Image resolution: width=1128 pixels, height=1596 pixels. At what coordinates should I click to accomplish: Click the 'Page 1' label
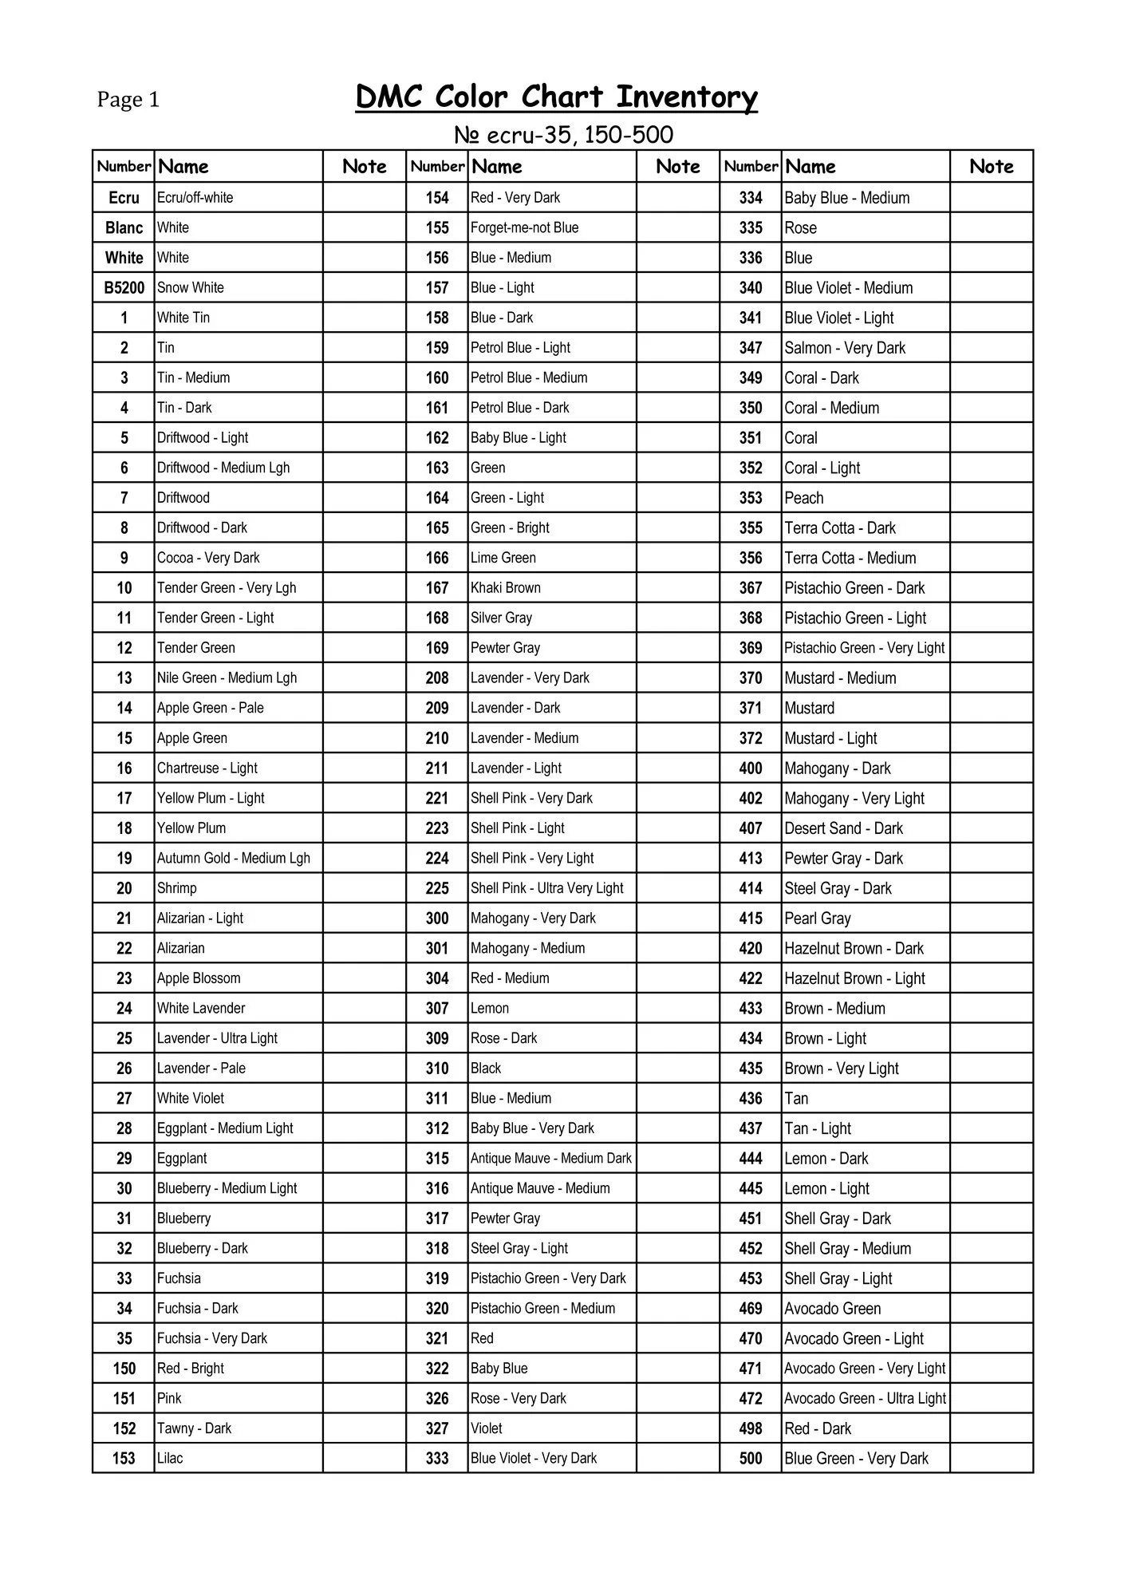pos(128,100)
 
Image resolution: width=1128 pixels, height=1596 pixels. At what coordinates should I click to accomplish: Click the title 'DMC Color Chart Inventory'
pos(556,97)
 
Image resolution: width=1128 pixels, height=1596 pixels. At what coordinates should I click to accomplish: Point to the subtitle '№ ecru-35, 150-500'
pos(563,135)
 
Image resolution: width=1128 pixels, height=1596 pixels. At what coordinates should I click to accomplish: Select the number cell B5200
pos(124,288)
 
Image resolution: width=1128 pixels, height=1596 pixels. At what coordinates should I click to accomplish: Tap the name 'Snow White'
pos(191,288)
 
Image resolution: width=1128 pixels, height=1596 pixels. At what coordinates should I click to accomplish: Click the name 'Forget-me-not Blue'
pos(524,227)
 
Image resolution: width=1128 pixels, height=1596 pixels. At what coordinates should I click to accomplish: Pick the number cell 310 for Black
pos(436,1069)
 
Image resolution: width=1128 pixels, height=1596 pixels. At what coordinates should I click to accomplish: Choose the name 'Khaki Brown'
pos(506,588)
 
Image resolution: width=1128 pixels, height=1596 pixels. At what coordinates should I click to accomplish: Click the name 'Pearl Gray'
pos(818,918)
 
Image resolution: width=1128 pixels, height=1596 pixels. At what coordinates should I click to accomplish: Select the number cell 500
pos(751,1459)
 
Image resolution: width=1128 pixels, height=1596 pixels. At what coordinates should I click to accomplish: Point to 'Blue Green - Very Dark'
pos(856,1459)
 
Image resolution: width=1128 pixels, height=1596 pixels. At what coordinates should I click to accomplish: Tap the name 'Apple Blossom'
pos(199,978)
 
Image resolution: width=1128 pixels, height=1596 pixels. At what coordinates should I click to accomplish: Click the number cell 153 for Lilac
pos(124,1459)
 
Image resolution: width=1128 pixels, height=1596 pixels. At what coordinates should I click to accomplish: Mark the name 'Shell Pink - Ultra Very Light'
pos(547,888)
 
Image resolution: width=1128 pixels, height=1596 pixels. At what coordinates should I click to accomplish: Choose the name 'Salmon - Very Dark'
pos(845,348)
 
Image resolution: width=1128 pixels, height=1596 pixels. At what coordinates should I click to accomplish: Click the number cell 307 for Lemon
pos(436,1009)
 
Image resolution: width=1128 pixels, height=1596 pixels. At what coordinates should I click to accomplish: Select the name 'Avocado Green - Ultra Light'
pos(865,1399)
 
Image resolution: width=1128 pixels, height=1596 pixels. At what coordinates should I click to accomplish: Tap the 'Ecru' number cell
pos(124,198)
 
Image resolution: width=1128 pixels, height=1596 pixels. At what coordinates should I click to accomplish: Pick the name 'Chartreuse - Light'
pos(207,768)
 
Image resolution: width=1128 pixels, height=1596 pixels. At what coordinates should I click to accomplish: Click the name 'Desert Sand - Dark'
pos(843,828)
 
